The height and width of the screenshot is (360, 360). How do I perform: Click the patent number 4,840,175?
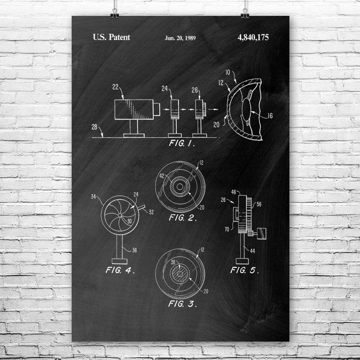coord(253,37)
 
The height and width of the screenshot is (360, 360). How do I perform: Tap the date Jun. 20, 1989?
coord(180,38)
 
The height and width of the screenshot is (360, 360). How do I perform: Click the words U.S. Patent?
coord(111,37)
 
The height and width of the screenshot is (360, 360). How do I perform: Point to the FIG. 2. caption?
coord(183,218)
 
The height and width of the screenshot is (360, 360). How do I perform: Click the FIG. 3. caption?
coord(183,304)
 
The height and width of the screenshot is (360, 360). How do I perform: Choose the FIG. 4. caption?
coord(120,270)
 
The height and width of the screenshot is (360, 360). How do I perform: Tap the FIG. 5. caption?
coord(244,270)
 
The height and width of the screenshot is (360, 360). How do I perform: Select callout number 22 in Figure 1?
coord(116,87)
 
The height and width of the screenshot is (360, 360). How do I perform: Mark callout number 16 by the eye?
coord(270,116)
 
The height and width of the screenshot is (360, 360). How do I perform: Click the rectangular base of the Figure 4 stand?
coord(120,261)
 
